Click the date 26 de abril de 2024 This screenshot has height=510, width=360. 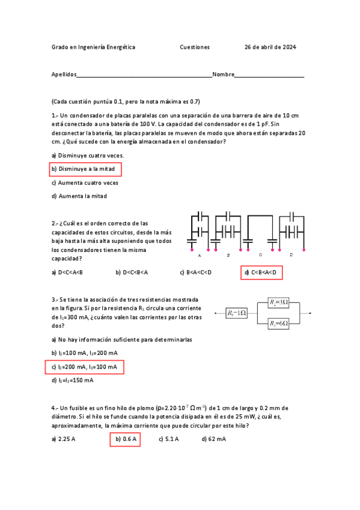tap(270, 47)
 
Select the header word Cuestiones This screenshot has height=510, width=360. tap(195, 47)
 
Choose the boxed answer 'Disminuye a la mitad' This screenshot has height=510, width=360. tap(86, 169)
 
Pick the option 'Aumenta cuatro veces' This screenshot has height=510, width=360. tap(85, 182)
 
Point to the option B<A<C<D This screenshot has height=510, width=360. tap(196, 272)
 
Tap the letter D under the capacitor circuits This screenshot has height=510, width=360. tap(291, 256)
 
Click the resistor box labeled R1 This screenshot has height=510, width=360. tap(237, 313)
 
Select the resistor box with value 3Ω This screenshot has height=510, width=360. tap(279, 302)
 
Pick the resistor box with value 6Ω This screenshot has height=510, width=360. tap(279, 324)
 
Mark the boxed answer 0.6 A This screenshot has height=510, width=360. tap(126, 440)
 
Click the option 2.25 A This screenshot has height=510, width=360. tap(64, 440)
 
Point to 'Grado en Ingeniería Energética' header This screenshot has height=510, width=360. tap(93, 47)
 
